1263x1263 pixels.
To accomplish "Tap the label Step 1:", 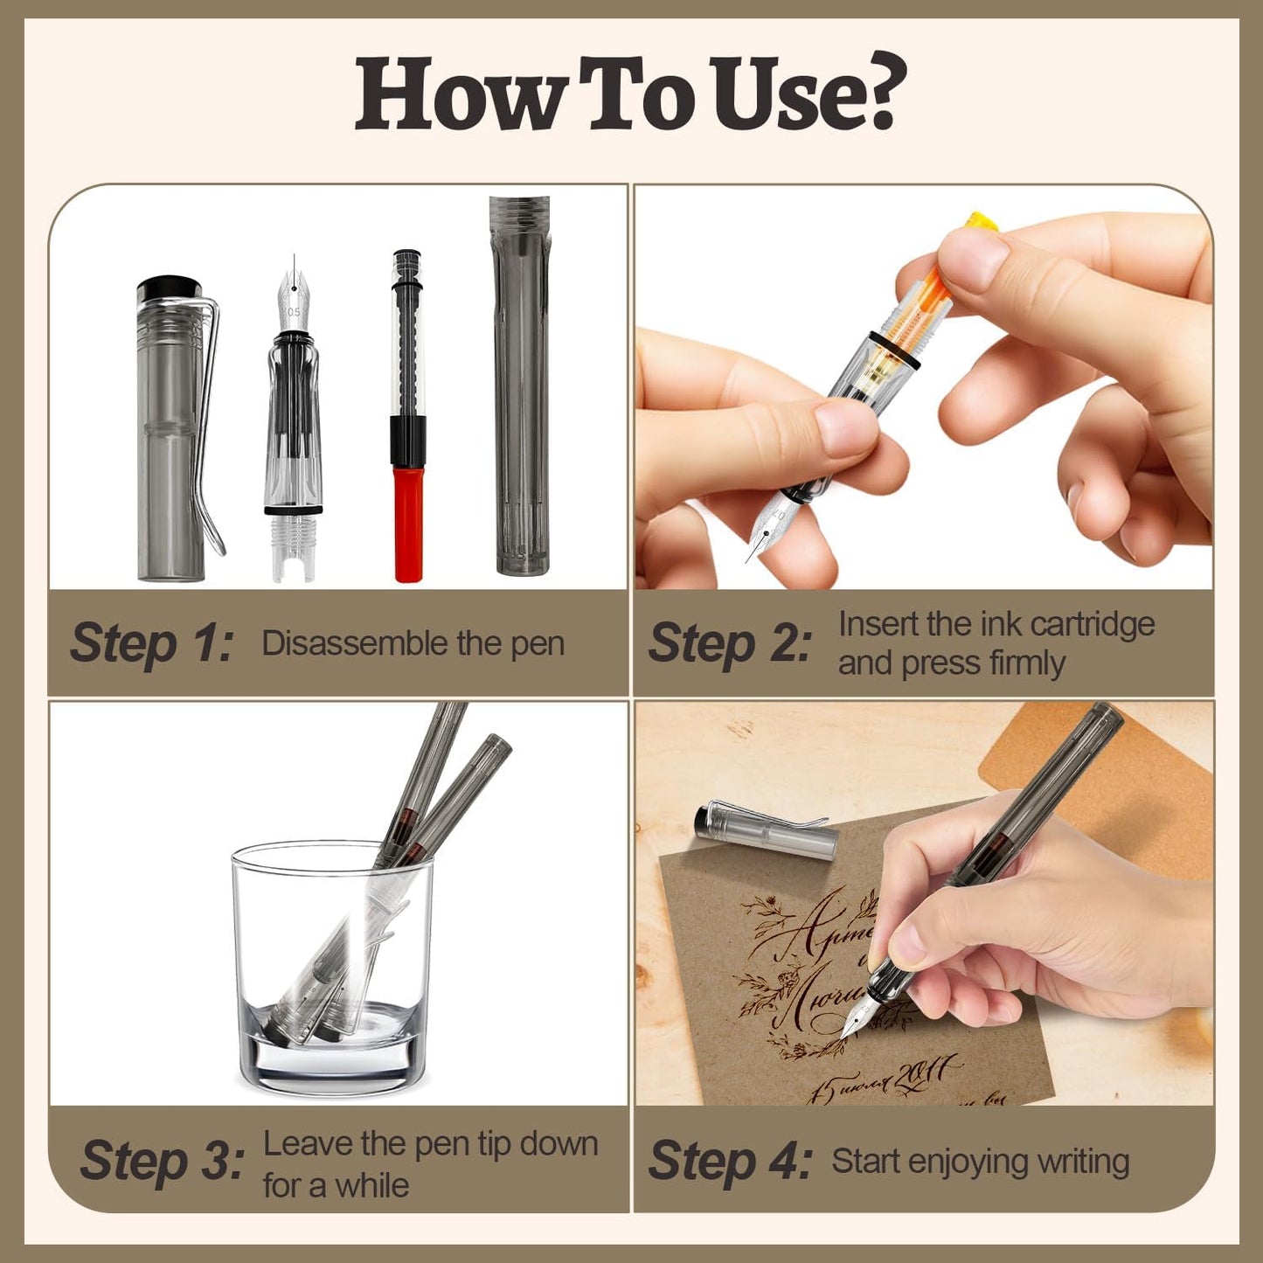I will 151,643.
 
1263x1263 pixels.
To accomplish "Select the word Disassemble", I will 353,643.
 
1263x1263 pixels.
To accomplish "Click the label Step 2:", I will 729,643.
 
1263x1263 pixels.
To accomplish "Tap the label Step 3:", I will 162,1162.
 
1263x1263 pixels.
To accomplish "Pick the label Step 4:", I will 729,1162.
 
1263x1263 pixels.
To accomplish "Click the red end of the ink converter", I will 408,524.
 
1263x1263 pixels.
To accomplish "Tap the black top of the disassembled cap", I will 170,288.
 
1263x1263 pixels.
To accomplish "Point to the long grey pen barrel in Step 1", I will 521,385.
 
